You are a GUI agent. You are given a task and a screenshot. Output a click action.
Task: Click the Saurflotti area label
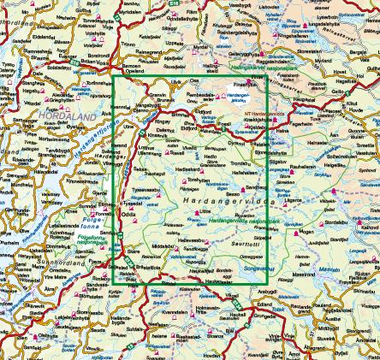248,244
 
